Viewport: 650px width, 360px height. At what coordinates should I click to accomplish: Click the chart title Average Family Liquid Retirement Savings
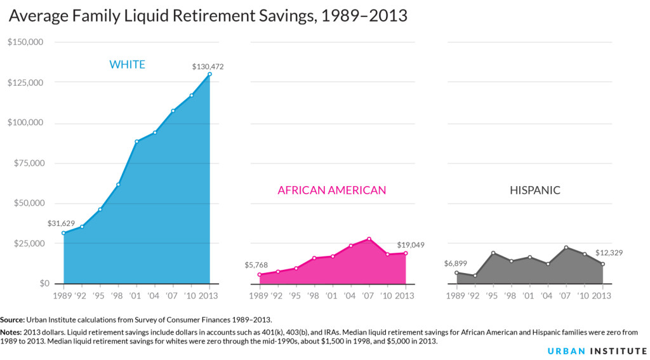coord(208,16)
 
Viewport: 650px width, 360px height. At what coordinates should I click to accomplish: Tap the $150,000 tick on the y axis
coord(25,43)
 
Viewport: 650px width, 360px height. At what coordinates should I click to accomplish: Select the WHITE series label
coord(127,64)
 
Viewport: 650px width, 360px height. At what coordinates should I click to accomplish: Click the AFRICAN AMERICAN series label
coord(331,190)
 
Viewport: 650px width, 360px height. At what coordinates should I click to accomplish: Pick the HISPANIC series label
coord(535,190)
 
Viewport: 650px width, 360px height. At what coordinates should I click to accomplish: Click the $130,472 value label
coord(208,66)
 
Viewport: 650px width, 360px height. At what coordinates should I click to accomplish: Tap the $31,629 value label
coord(61,223)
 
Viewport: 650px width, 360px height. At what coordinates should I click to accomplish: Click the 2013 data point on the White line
coord(209,74)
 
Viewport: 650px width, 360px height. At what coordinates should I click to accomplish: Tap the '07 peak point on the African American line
coord(369,239)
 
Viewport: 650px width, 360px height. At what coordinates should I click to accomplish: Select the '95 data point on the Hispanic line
coord(493,253)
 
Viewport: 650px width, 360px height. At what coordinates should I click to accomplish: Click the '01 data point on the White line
coord(136,142)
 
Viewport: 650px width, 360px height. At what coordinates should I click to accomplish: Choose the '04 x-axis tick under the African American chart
coord(350,295)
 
